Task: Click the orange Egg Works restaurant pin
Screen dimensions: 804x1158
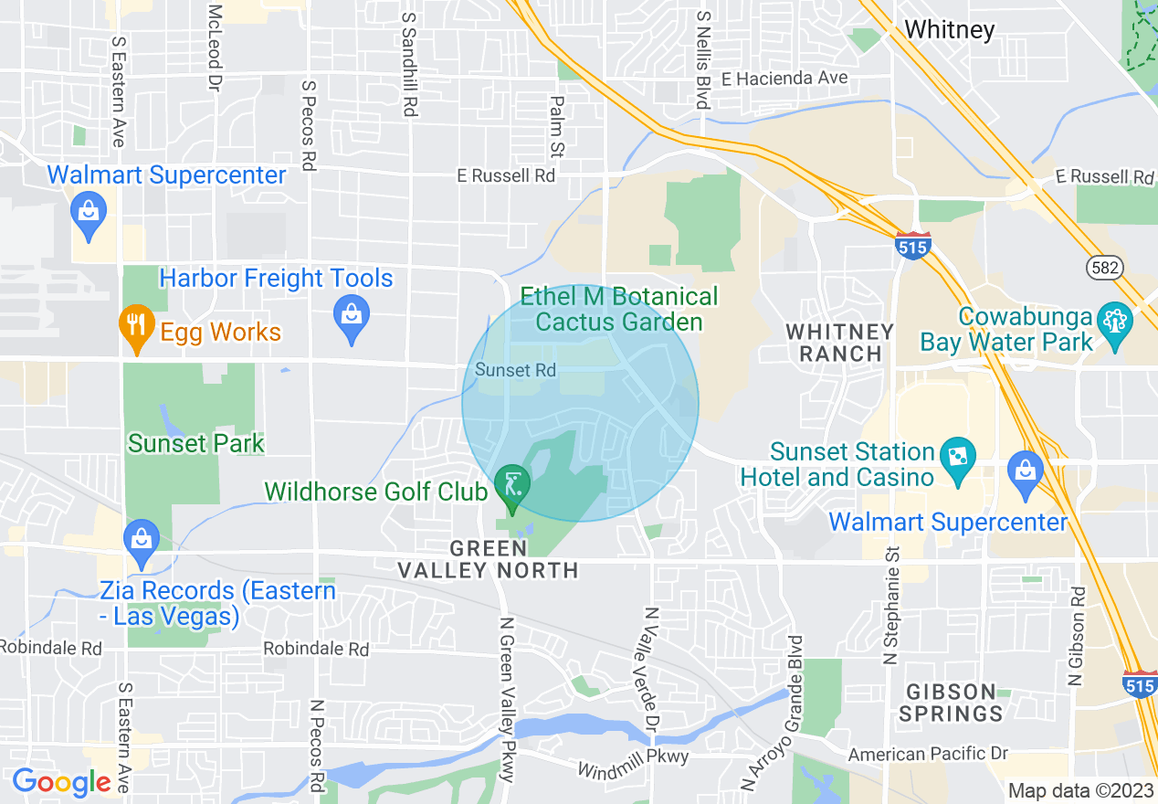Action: [x=135, y=326]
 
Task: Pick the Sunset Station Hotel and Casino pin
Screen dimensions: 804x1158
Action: [x=958, y=455]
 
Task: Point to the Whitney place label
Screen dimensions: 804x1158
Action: [x=949, y=30]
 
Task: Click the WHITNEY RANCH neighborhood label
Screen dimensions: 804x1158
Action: [x=839, y=342]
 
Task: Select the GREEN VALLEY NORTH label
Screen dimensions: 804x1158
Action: [x=488, y=559]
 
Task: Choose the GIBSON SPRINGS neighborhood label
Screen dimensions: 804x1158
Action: [x=950, y=702]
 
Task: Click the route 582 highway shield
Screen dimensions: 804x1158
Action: [x=1104, y=266]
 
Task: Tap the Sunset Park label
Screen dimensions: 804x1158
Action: [x=195, y=444]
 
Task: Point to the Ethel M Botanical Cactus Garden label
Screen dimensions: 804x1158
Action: [x=619, y=309]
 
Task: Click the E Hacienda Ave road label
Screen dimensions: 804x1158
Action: [x=784, y=79]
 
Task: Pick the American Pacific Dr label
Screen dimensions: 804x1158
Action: [x=928, y=754]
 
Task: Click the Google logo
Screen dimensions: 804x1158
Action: [x=61, y=782]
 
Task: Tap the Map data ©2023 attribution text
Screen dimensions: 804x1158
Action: [x=1080, y=790]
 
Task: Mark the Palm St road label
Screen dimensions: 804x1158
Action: [x=556, y=126]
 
